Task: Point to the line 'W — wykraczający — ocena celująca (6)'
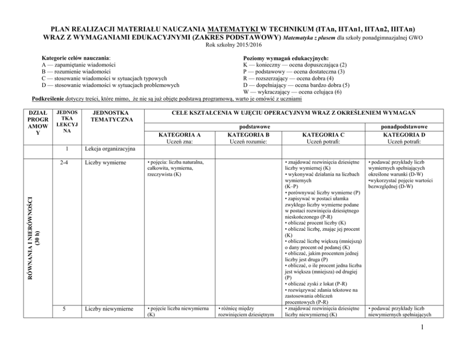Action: coord(292,92)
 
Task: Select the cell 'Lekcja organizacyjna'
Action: coord(110,149)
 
